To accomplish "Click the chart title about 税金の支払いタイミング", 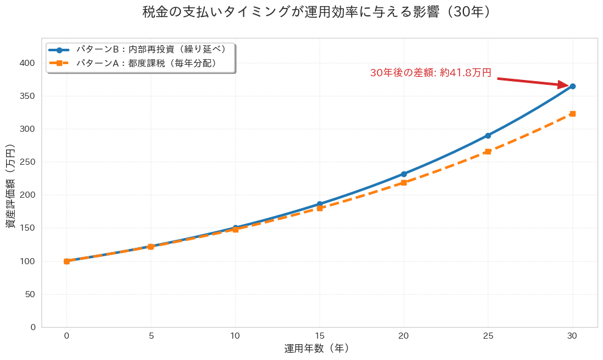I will tap(316, 12).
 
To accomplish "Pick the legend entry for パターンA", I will tap(147, 63).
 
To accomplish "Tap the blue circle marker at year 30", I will tap(573, 87).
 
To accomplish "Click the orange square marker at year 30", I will tap(573, 113).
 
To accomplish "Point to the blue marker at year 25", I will tap(488, 135).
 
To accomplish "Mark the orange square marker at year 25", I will tap(488, 151).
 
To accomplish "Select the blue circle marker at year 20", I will tap(404, 174).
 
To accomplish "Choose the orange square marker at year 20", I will tap(404, 182).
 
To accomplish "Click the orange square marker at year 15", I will tap(319, 208).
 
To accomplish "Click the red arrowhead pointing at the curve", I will tap(565, 85).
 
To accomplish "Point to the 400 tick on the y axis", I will tap(27, 63).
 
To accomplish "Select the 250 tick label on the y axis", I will tap(27, 162).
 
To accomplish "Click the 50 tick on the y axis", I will tap(30, 294).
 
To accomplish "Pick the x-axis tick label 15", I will tap(319, 336).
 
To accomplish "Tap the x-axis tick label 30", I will tap(573, 336).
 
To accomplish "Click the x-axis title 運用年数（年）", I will tap(316, 349).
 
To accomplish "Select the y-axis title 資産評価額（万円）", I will tap(11, 187).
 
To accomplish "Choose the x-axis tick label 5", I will tap(151, 336).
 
